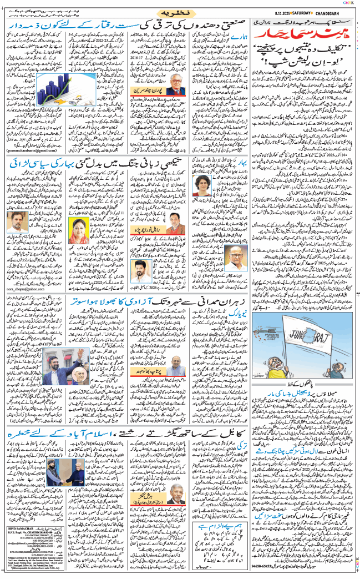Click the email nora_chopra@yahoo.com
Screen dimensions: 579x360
tap(24, 289)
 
